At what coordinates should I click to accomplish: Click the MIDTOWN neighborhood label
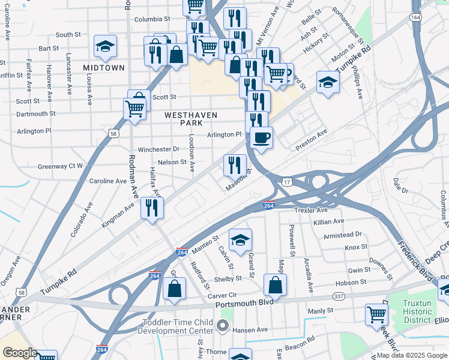click(104, 68)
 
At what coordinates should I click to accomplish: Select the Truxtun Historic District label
click(417, 311)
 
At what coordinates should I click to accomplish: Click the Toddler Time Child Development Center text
click(177, 327)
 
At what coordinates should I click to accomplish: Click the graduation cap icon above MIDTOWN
click(105, 46)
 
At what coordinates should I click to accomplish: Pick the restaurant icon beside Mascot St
click(235, 164)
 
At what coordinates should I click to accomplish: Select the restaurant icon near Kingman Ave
click(152, 208)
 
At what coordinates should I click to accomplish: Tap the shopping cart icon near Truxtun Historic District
click(376, 314)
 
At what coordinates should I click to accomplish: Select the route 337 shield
click(339, 297)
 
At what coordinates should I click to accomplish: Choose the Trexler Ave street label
click(311, 211)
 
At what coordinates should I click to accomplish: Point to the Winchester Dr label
click(158, 149)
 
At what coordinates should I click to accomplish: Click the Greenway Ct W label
click(60, 166)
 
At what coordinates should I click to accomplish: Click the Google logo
click(20, 353)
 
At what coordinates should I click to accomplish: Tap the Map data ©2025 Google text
click(411, 355)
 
